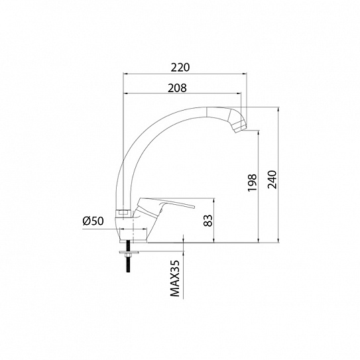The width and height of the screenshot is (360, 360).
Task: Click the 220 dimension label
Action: [x=180, y=67]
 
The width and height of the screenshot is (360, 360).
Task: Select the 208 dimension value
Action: [x=177, y=88]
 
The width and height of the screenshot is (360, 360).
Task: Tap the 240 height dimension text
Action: [x=272, y=179]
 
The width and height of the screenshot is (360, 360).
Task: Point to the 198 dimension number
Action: [x=252, y=182]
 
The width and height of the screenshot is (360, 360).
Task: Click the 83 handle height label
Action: [x=208, y=220]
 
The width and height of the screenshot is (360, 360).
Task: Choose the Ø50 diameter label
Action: [x=93, y=221]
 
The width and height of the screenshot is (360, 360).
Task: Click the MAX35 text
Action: [x=175, y=278]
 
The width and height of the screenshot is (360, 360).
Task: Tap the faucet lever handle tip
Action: [x=194, y=207]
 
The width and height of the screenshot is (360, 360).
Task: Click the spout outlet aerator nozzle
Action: [x=239, y=127]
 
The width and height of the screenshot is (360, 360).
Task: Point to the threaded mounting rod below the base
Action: [x=128, y=257]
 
